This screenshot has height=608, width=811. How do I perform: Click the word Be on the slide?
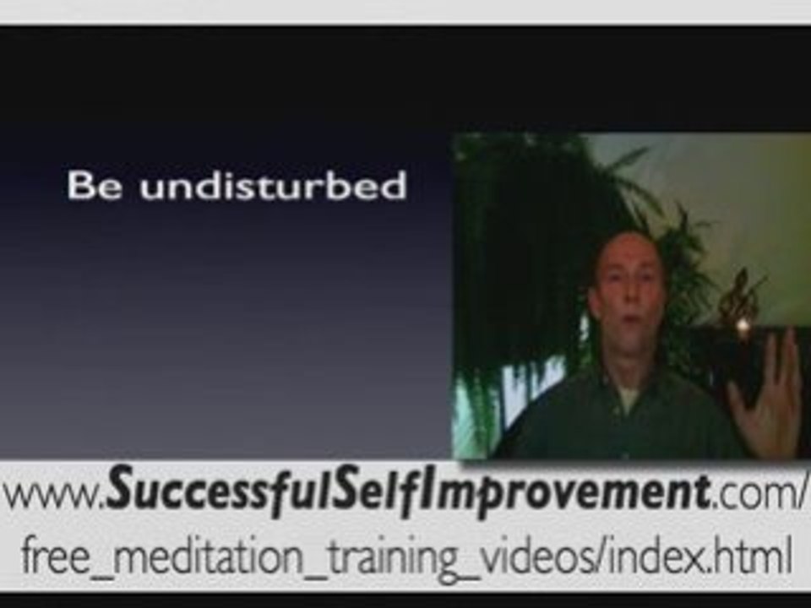tap(95, 185)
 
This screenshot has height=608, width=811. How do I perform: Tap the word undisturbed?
tap(273, 185)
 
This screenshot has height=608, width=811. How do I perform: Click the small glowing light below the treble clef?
tap(743, 326)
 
